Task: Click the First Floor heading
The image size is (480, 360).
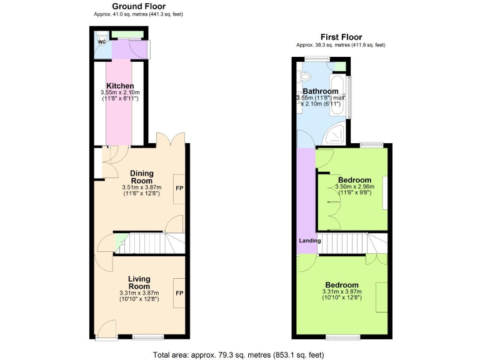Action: click(x=341, y=37)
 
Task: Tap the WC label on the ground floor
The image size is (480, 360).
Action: click(x=101, y=42)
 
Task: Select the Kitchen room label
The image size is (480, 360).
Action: click(x=120, y=86)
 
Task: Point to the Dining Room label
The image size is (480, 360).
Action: click(x=141, y=177)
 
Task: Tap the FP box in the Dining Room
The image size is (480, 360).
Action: click(x=179, y=189)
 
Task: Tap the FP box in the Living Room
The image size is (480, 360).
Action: click(x=179, y=293)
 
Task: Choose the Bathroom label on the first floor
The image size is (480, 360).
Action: click(x=320, y=91)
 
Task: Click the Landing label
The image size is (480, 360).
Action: click(x=309, y=241)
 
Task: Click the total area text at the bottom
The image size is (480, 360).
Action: click(x=239, y=355)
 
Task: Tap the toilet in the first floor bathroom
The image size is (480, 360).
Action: click(x=305, y=77)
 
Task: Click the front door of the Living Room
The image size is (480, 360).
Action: click(x=107, y=329)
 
